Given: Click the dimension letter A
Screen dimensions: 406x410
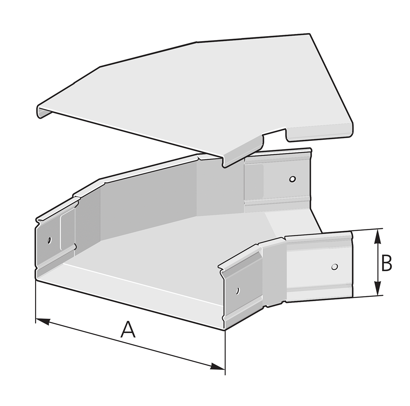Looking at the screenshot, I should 128,330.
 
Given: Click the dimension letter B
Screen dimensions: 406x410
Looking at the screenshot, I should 386,263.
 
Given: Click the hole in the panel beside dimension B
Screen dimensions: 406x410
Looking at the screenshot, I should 334,266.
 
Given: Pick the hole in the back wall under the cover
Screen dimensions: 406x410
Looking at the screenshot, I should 293,179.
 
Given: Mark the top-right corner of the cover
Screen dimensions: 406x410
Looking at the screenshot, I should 309,34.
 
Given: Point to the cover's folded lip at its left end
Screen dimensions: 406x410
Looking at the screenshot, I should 43,112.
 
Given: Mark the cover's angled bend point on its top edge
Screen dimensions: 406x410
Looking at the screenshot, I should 197,41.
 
